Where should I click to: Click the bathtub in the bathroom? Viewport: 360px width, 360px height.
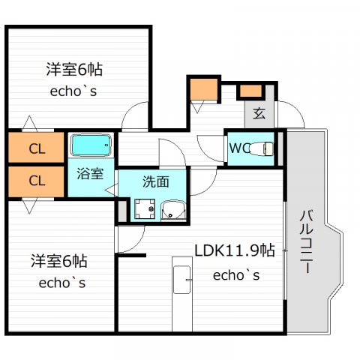point(91,145)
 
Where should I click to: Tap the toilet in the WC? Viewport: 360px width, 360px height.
point(262,148)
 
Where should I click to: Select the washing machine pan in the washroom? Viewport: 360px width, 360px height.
point(145,208)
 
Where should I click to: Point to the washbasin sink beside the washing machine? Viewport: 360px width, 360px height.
point(173,210)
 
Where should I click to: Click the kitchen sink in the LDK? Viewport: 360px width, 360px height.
point(182,280)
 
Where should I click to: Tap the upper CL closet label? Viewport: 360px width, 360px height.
point(37,149)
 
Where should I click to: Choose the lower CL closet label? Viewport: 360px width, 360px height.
point(37,181)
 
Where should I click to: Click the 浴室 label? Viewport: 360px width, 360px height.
point(90,173)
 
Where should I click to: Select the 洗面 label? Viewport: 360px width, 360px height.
point(156,181)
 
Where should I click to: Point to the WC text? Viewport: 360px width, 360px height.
point(240,148)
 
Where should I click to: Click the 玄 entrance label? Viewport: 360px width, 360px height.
point(259,113)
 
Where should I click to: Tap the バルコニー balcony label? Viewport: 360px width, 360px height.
point(307,241)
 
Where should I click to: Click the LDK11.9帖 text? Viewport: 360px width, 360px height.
point(235,250)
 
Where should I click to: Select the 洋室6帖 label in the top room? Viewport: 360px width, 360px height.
point(74,69)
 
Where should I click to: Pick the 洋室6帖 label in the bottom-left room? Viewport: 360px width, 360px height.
point(59,261)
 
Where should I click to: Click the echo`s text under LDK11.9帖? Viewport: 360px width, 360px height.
point(236,275)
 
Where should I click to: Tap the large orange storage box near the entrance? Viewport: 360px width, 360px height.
point(203,89)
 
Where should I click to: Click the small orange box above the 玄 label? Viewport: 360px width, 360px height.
point(250,91)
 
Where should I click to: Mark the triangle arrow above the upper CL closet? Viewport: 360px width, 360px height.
point(29,123)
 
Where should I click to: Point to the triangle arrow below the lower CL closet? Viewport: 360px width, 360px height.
point(29,205)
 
